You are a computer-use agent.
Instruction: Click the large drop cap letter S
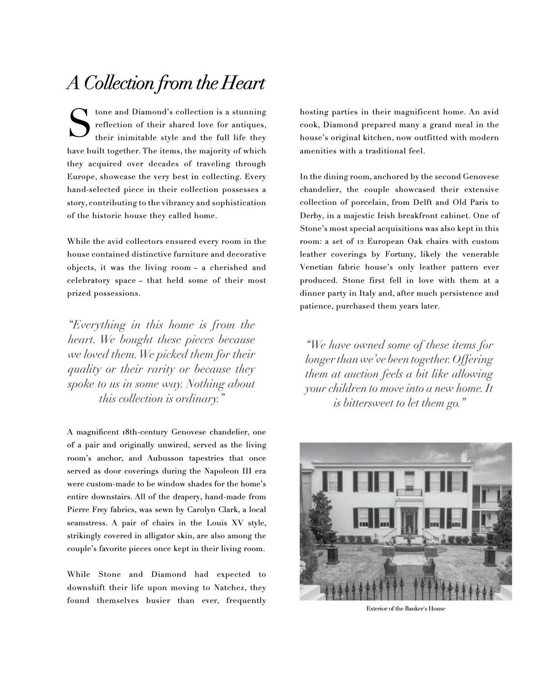coord(79,123)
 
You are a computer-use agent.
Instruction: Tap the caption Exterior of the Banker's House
coord(405,609)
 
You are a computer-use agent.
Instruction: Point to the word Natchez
coord(230,587)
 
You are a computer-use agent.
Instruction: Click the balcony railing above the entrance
coord(409,492)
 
